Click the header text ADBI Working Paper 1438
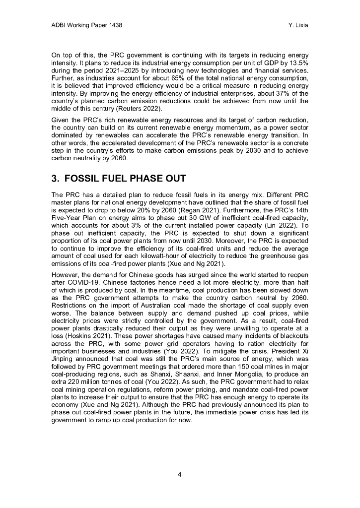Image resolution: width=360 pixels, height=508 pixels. click(x=87, y=25)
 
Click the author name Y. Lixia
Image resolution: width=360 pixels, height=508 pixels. click(x=297, y=25)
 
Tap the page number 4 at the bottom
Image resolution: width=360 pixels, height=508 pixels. click(x=180, y=474)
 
